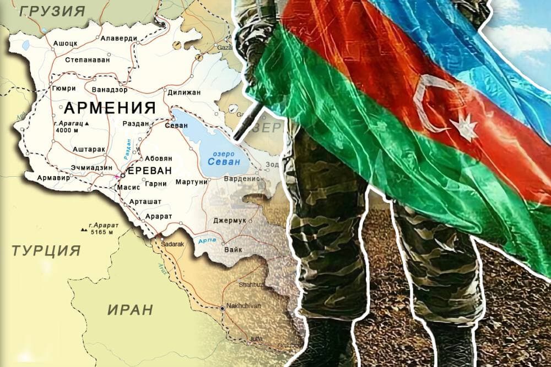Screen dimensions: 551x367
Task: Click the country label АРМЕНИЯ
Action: pos(110,106)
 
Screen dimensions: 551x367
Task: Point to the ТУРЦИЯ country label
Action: pos(46,251)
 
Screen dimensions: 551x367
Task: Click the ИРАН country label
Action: pos(130,309)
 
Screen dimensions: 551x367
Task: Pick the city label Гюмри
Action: pos(62,88)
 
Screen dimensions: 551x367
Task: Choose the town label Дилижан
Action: pos(183,92)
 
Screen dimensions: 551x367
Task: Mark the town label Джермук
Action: pos(228,221)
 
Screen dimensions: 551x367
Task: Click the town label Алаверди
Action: pos(118,38)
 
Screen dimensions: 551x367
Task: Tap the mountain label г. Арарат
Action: pos(96,224)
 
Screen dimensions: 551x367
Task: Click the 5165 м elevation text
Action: pos(102,232)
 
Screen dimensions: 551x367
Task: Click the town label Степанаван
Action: pos(87,59)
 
